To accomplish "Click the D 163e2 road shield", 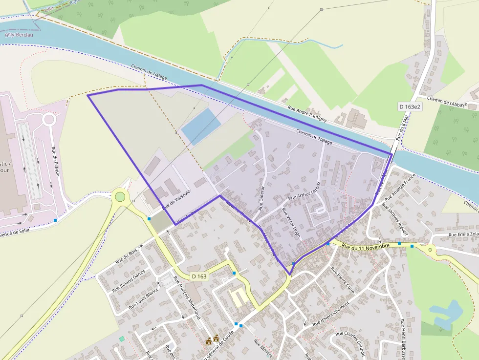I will [409, 106].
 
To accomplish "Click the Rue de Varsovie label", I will [176, 198].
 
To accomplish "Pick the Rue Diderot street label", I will [262, 197].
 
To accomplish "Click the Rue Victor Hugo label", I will [291, 223].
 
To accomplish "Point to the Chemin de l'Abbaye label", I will [447, 102].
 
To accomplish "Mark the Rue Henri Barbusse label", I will [404, 339].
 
